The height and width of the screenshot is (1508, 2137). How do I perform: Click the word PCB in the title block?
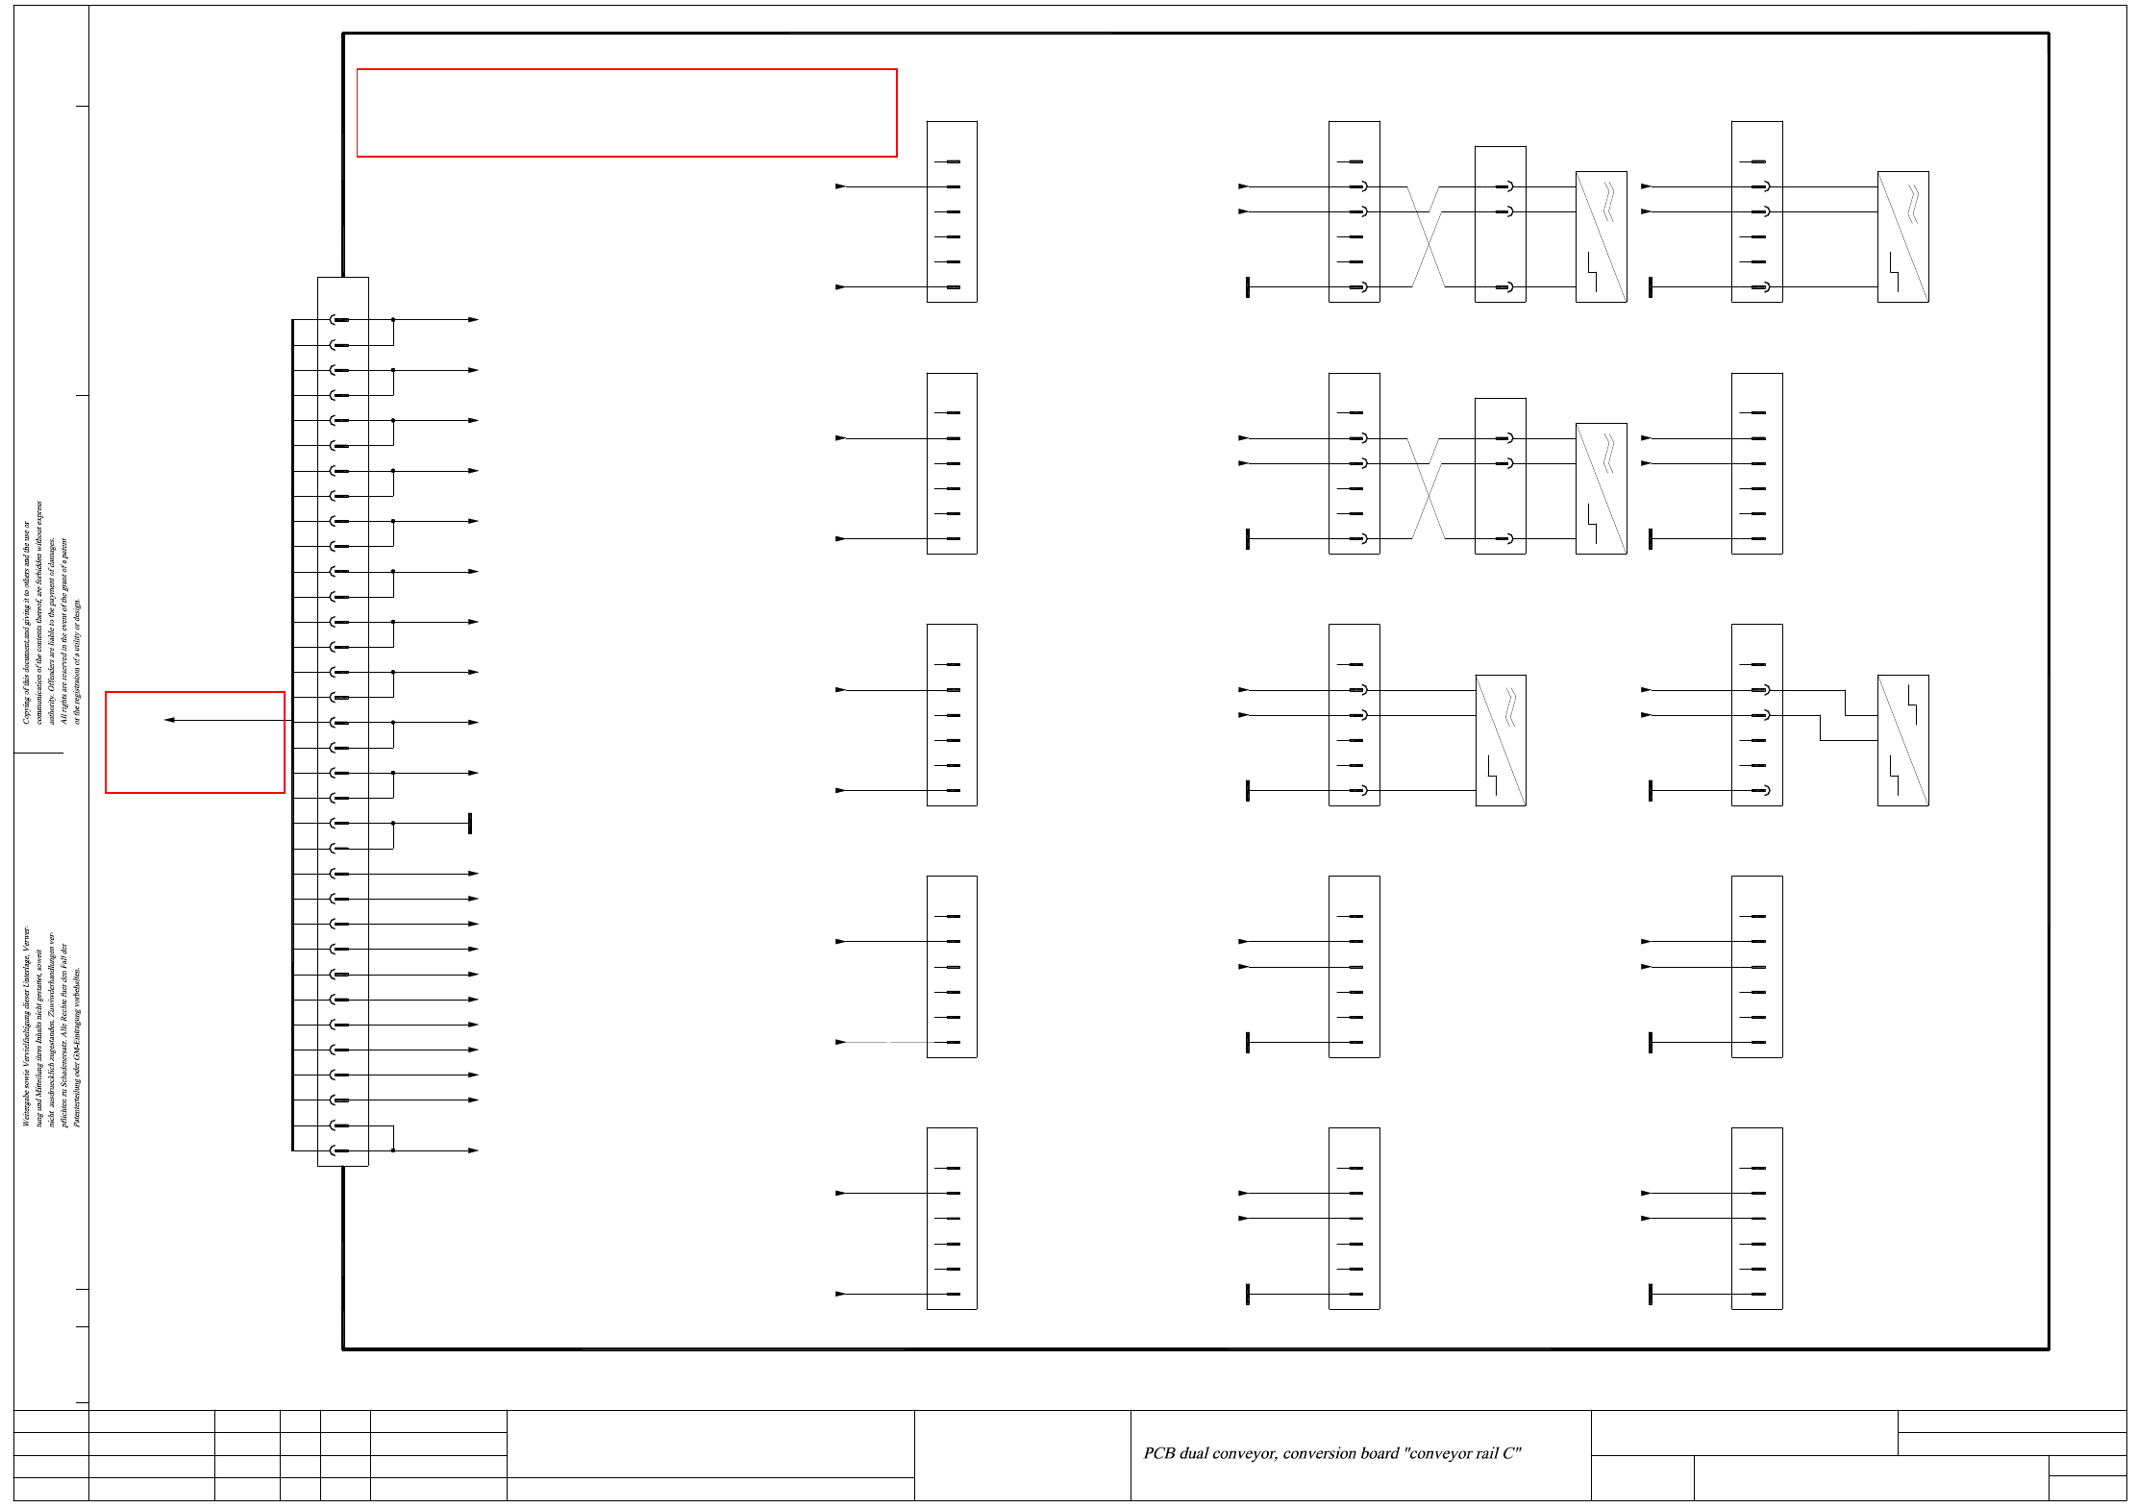pos(1158,1453)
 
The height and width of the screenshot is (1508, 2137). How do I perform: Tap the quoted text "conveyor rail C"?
pos(1462,1453)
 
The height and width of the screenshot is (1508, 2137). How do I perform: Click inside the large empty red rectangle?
pos(626,112)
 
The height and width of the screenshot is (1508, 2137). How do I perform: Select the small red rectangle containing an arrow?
pos(195,742)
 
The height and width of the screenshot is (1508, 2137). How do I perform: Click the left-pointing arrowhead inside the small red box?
pos(169,720)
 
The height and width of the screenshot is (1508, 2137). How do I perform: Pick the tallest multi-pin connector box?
pos(343,721)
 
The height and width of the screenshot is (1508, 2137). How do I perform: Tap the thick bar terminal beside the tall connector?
pos(470,824)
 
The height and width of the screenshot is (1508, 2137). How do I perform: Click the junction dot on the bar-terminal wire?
pos(393,824)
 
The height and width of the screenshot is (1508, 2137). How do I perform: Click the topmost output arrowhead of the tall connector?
pos(473,320)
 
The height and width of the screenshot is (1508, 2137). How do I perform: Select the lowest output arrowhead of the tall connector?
pos(473,1150)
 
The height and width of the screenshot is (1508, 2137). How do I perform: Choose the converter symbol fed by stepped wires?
pos(1902,740)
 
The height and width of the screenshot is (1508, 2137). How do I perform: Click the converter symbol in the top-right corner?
pos(1902,236)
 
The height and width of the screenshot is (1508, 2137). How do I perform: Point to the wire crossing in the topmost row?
pos(1428,236)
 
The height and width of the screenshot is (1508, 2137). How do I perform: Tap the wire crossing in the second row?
pos(1428,488)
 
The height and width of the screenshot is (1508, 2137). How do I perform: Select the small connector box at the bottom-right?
pos(1756,1218)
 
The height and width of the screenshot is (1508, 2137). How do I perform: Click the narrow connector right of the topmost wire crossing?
pos(1500,224)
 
